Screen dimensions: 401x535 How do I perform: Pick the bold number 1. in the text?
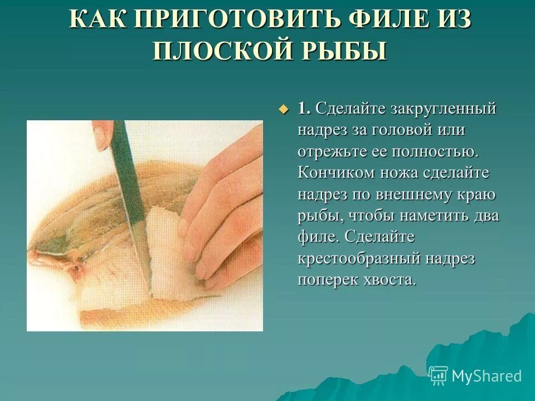(x=304, y=108)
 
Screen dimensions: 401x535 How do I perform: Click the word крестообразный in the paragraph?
(x=359, y=258)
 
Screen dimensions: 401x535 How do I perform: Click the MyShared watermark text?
(x=486, y=376)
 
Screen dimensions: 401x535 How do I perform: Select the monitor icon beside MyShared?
(x=438, y=375)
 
